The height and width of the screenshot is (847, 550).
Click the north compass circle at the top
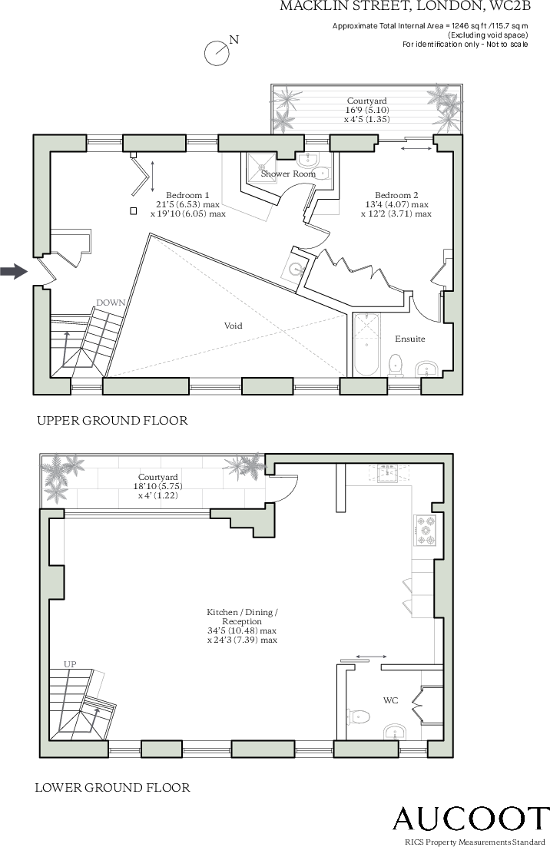pos(217,54)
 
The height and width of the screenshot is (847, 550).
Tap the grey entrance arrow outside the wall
pos(14,271)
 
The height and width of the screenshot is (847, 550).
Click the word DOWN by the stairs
pos(111,303)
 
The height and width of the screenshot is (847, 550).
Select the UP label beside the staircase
pos(70,664)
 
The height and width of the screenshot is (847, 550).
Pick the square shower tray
pos(263,168)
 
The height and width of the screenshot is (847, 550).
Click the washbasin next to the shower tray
pos(307,160)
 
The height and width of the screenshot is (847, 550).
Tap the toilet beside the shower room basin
pos(322,174)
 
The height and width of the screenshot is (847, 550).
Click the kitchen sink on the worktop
pos(389,472)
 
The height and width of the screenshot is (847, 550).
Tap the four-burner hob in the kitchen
pos(426,530)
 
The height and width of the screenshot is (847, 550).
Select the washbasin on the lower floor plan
pos(395,731)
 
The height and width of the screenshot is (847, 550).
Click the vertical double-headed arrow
pos(152,176)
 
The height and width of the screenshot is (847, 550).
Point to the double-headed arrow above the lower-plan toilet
pos(372,657)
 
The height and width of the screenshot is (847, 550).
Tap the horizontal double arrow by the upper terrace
pos(416,148)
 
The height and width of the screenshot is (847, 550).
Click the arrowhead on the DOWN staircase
pos(67,334)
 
